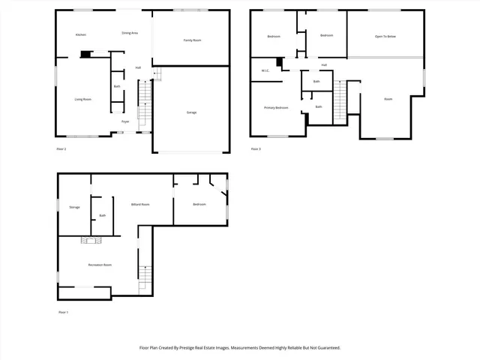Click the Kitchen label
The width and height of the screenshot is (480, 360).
(x=81, y=35)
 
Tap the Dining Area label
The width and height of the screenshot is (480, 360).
(x=129, y=33)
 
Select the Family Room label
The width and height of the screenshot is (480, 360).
(x=193, y=40)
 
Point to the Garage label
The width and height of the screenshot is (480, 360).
(x=192, y=112)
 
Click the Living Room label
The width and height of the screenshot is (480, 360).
(x=82, y=99)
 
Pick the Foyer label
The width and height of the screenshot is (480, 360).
(x=125, y=121)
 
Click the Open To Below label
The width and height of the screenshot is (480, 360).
(x=385, y=35)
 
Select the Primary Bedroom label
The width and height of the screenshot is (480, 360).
(x=276, y=108)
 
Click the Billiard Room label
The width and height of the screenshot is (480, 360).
(x=140, y=204)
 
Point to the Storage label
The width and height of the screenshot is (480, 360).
(x=74, y=207)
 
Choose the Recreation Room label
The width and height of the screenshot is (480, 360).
(x=100, y=265)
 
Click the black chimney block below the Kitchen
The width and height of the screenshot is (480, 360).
(x=86, y=54)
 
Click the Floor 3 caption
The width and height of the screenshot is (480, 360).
(x=256, y=149)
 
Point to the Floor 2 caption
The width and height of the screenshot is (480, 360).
(x=61, y=149)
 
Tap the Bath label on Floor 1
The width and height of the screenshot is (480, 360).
(x=102, y=216)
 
